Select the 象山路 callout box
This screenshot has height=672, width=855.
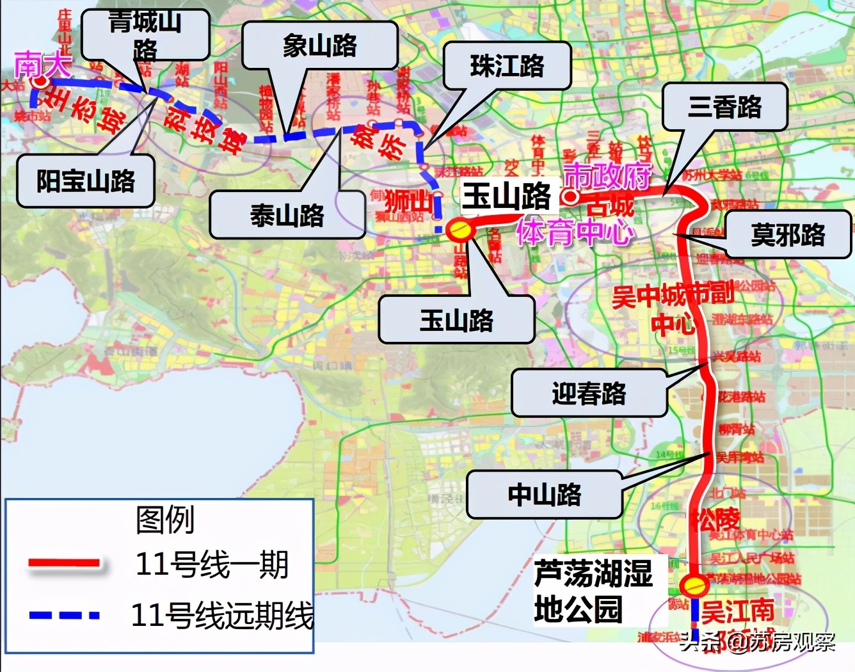320,45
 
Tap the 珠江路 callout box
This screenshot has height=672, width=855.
507,65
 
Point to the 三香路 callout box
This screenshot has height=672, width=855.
724,107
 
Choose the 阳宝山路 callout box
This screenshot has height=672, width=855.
86,181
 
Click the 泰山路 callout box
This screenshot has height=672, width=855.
287,216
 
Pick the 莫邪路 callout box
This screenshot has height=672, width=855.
788,235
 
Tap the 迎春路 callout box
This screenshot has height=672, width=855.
589,394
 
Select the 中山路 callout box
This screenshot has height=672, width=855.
545,495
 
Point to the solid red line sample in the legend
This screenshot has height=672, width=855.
64,563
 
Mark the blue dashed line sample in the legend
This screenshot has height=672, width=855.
64,615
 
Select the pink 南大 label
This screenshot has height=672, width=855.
42,65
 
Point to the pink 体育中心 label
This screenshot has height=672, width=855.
574,232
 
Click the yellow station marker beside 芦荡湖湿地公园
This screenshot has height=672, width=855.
694,584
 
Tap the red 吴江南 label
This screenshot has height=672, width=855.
737,611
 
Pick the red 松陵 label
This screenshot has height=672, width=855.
715,519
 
